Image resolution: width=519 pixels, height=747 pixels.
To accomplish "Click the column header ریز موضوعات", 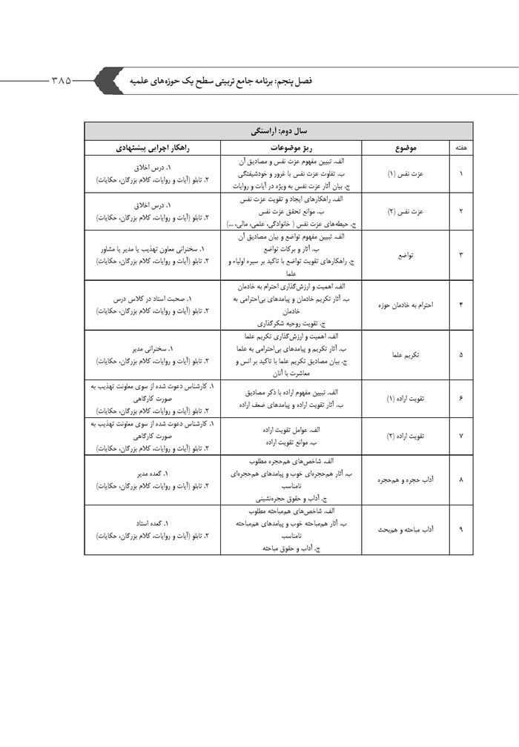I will [x=290, y=148].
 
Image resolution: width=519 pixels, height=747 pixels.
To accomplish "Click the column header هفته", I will [x=460, y=148].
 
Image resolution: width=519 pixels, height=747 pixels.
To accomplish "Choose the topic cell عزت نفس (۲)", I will [x=406, y=211].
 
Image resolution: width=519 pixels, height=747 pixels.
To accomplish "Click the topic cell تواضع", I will [x=406, y=255].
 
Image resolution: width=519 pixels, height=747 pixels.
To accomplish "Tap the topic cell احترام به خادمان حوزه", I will [x=406, y=305].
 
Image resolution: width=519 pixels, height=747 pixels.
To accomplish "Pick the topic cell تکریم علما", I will [x=406, y=354].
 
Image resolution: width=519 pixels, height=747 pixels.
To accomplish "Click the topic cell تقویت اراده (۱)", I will [x=406, y=398].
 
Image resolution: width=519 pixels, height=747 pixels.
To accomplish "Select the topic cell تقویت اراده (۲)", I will [x=406, y=436].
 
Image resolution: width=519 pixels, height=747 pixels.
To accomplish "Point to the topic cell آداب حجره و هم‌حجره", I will [x=406, y=479].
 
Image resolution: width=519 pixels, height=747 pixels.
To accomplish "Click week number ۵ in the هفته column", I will [x=460, y=354].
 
